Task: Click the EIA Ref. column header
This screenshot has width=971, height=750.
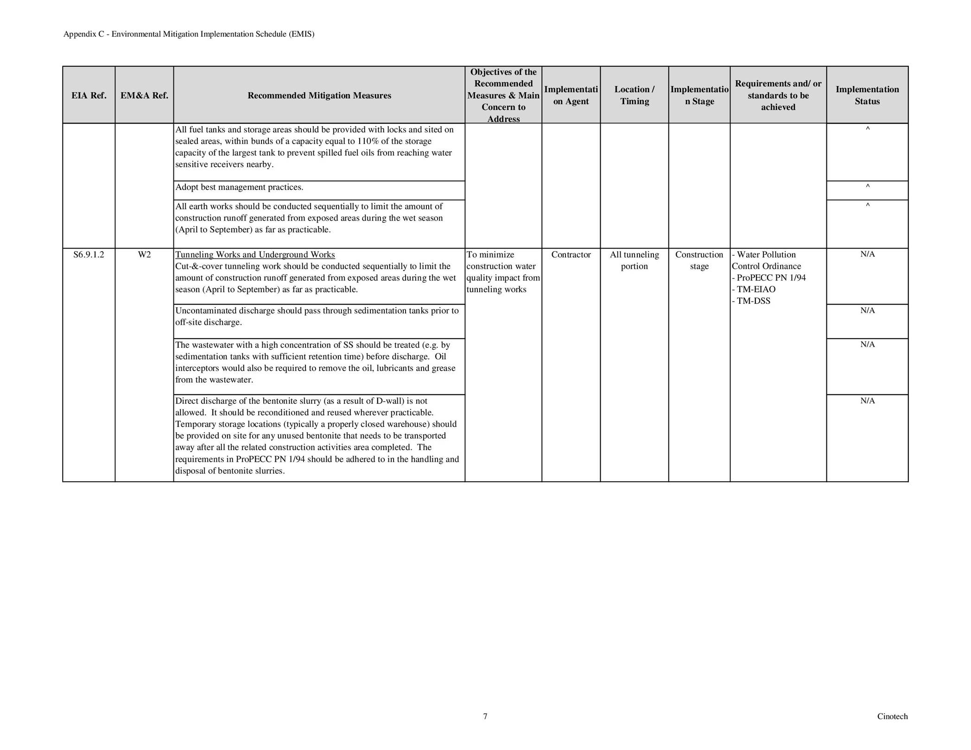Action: tap(89, 95)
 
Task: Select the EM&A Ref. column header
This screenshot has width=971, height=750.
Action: tap(144, 95)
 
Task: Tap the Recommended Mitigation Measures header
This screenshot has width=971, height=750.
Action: tap(319, 95)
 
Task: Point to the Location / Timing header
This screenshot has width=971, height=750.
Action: tap(634, 95)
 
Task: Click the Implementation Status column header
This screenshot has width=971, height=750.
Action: tap(867, 95)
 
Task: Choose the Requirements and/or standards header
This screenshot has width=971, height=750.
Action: tap(778, 95)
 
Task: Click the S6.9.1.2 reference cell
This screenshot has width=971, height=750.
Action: tap(89, 255)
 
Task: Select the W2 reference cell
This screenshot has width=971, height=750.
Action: tap(144, 255)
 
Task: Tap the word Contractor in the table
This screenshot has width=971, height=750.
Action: tap(571, 255)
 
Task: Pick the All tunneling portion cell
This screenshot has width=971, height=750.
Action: tap(634, 260)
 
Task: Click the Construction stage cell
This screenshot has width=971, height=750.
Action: tap(699, 260)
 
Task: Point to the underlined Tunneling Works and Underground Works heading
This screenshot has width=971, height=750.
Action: tap(255, 255)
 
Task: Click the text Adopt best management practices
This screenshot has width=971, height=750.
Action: tap(239, 187)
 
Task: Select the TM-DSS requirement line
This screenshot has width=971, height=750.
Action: tap(751, 301)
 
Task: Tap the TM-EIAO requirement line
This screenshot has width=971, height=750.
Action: tap(754, 290)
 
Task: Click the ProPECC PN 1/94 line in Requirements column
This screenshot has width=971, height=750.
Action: tap(769, 278)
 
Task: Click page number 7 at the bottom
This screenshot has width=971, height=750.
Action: tap(485, 717)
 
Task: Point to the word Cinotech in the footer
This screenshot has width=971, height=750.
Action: tap(892, 717)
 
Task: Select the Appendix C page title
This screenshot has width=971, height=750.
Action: tap(189, 34)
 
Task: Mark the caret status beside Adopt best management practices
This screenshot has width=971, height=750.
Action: tap(867, 187)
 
